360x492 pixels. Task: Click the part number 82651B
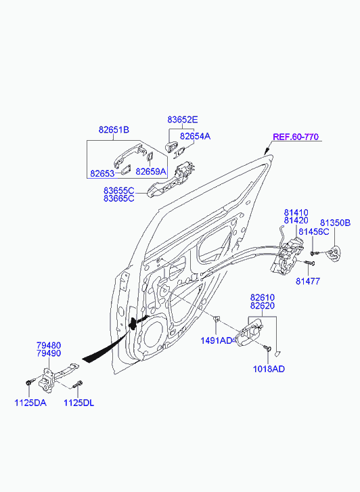[x=114, y=129]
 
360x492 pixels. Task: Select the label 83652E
[x=182, y=120]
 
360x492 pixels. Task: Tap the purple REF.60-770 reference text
[x=296, y=137]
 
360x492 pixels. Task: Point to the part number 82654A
[x=195, y=136]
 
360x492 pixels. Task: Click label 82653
[x=102, y=173]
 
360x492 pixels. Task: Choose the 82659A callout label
[x=151, y=172]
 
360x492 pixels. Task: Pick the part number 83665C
[x=119, y=198]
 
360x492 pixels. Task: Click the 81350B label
[x=335, y=223]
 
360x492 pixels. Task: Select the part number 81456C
[x=314, y=231]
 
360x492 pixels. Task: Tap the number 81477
[x=308, y=282]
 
